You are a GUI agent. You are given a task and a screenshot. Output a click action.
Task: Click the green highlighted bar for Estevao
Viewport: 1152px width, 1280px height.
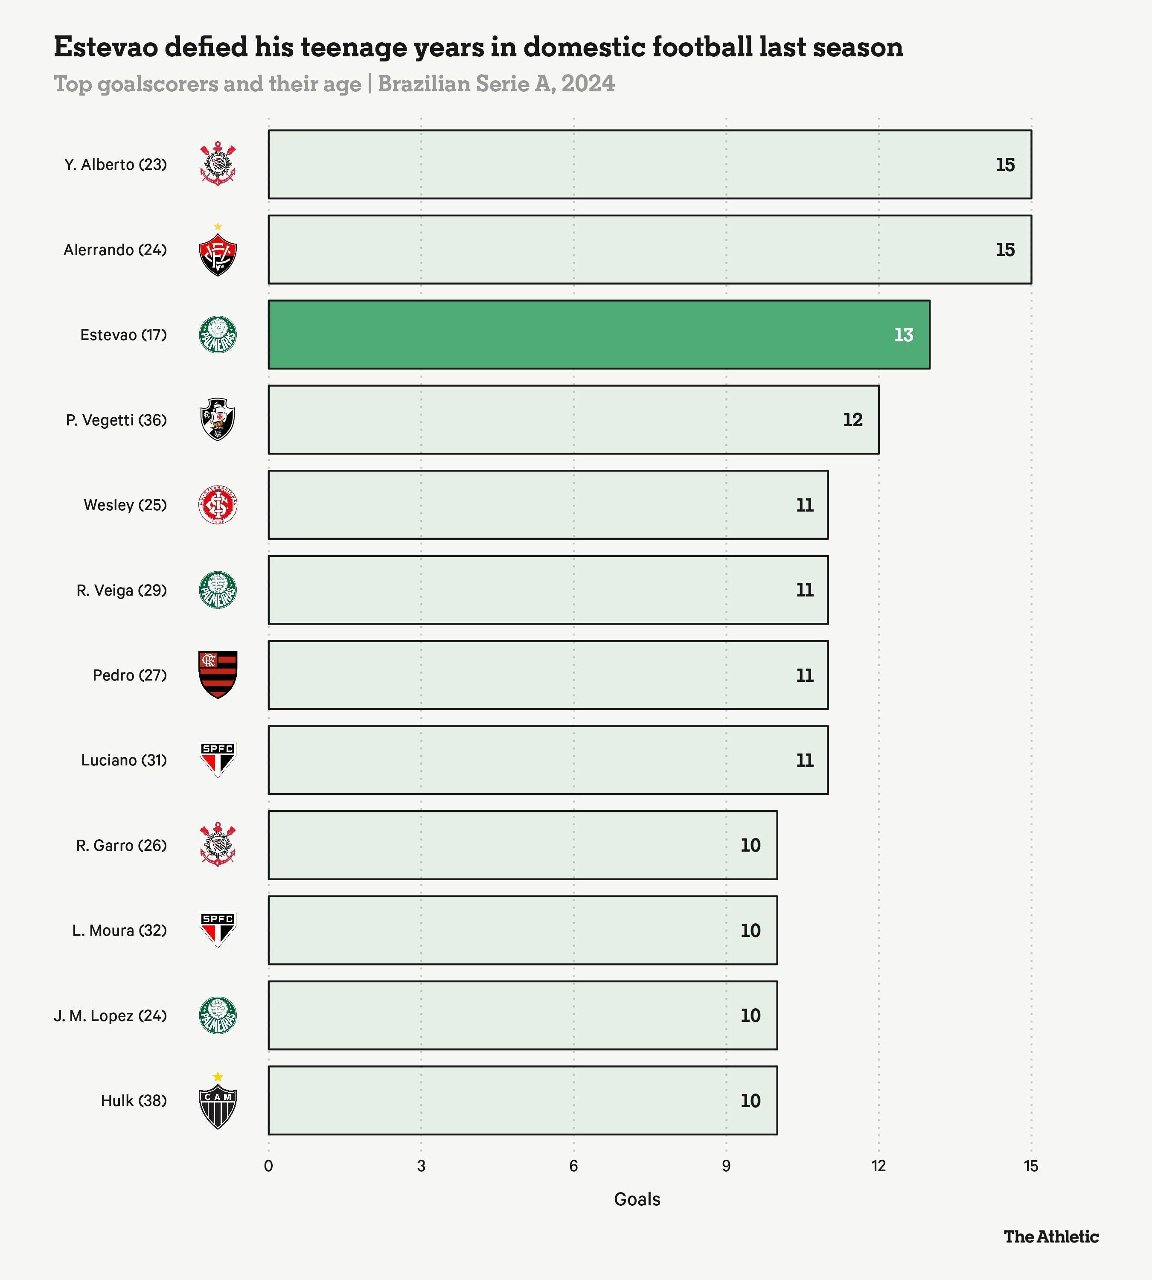(x=598, y=334)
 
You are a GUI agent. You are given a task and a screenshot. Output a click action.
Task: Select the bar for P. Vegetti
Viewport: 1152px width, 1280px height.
(x=573, y=420)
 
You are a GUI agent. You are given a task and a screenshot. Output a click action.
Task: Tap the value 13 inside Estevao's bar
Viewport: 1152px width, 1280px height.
(x=903, y=335)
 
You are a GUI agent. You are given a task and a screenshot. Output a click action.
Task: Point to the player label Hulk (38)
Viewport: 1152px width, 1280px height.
(x=134, y=1101)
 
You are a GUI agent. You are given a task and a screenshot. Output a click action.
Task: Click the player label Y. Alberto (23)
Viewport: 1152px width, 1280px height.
(x=115, y=165)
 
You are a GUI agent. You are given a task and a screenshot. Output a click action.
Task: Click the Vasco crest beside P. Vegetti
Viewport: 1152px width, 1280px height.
(x=218, y=419)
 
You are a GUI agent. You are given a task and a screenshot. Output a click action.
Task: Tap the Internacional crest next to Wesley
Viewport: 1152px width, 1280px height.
(x=218, y=504)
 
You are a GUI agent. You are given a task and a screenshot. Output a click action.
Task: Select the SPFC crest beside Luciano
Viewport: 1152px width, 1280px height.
(x=218, y=759)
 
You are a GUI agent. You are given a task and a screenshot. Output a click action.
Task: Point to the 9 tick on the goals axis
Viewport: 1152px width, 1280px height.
(x=726, y=1166)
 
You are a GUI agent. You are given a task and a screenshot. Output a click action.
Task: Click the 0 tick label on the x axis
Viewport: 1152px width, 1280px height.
(x=268, y=1166)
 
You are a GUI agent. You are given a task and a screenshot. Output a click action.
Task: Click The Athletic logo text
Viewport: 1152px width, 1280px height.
(x=1051, y=1237)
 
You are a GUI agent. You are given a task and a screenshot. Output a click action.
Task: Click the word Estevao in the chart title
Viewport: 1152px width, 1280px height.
(x=106, y=47)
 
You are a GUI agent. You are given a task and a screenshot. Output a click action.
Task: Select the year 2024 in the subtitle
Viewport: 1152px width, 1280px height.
(x=588, y=84)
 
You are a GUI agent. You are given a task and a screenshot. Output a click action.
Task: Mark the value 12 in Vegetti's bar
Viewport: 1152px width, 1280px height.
(x=852, y=420)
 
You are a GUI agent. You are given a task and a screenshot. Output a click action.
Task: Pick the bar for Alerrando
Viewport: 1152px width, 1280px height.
(x=649, y=250)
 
